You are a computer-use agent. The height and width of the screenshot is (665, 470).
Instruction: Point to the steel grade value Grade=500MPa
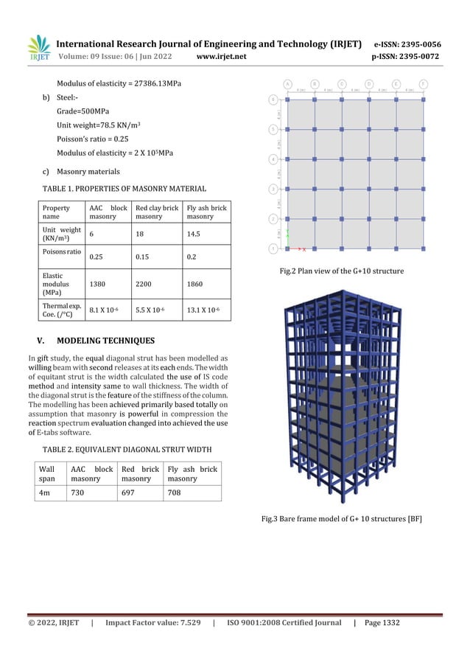pos(83,111)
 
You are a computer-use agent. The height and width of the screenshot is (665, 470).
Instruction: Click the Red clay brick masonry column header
pos(156,212)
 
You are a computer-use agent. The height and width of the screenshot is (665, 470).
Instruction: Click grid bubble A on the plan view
pos(287,83)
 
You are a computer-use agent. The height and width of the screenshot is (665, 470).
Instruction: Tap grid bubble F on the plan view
pos(424,83)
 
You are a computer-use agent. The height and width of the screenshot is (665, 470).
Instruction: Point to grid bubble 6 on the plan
pos(273,99)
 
